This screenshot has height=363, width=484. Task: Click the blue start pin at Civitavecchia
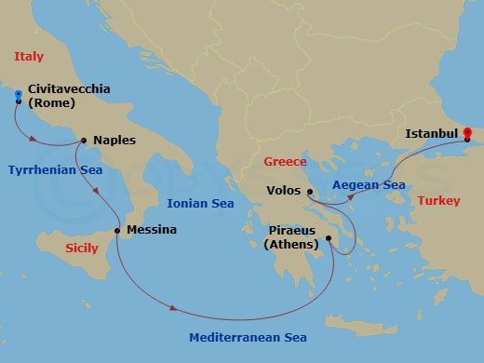(x=19, y=94)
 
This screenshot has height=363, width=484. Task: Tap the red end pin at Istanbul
(x=468, y=133)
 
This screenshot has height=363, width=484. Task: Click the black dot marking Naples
(x=85, y=141)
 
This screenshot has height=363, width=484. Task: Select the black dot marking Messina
(x=117, y=230)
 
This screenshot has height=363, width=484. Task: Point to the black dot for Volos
(x=309, y=192)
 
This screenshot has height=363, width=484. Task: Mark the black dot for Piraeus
(x=329, y=239)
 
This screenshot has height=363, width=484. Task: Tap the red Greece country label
(x=285, y=161)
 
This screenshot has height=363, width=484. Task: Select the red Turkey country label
(x=438, y=201)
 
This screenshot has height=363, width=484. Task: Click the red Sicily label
(x=82, y=249)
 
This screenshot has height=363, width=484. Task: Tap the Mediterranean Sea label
(x=248, y=337)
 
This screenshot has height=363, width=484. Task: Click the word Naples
(x=114, y=141)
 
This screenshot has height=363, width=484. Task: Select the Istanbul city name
(x=431, y=134)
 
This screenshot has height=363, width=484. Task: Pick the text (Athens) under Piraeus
(x=293, y=245)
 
